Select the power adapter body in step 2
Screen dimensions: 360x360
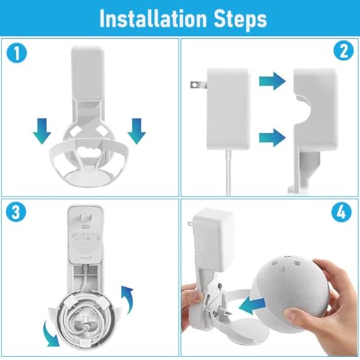click(x=228, y=108)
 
